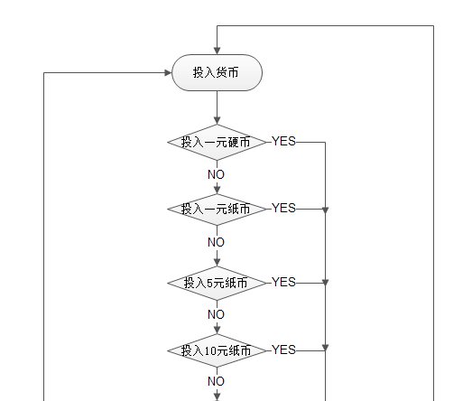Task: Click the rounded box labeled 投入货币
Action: pyautogui.click(x=217, y=72)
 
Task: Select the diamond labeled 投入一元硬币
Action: pyautogui.click(x=217, y=142)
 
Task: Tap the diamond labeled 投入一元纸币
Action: pyautogui.click(x=217, y=210)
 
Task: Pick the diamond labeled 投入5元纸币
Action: pyautogui.click(x=217, y=283)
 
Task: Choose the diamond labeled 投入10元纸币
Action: pyautogui.click(x=217, y=350)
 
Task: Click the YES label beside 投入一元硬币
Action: pyautogui.click(x=283, y=141)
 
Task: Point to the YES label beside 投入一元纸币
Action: pyautogui.click(x=283, y=208)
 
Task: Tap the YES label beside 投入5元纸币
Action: pyautogui.click(x=283, y=282)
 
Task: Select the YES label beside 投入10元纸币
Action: pyautogui.click(x=283, y=350)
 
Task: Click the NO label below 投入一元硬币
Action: pyautogui.click(x=216, y=174)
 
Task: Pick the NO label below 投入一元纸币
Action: pyautogui.click(x=216, y=242)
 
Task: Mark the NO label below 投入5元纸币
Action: pyautogui.click(x=216, y=314)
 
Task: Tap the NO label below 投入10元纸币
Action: pyautogui.click(x=216, y=381)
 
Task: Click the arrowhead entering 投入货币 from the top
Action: pyautogui.click(x=217, y=51)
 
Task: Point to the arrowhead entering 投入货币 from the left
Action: pyautogui.click(x=168, y=72)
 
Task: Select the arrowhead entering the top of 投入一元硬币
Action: pyautogui.click(x=217, y=120)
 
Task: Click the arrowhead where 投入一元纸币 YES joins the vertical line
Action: pyautogui.click(x=326, y=210)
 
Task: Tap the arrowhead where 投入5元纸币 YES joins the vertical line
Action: pyautogui.click(x=326, y=283)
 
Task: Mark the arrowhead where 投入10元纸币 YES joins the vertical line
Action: pyautogui.click(x=326, y=348)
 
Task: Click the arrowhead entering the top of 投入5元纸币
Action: pyautogui.click(x=217, y=263)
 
